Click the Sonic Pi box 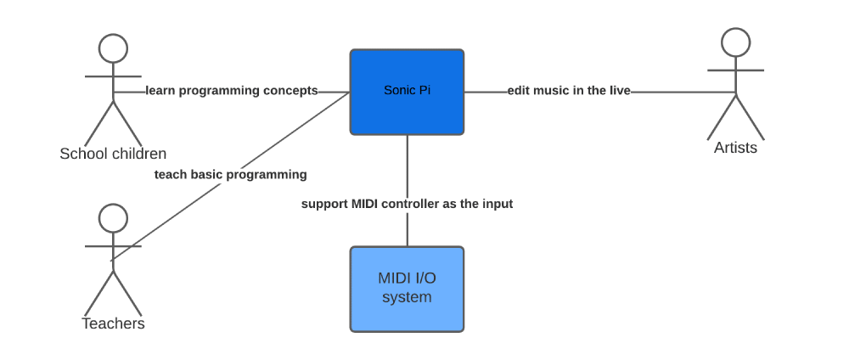coord(408,92)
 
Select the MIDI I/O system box coord(408,289)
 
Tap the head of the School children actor coord(113,48)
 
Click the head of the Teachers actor coord(113,218)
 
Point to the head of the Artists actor coord(736,42)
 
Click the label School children coord(113,154)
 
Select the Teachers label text coord(113,323)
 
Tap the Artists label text coord(735,148)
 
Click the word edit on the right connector coord(519,91)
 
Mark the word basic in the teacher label coord(205,175)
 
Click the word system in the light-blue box coord(408,297)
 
